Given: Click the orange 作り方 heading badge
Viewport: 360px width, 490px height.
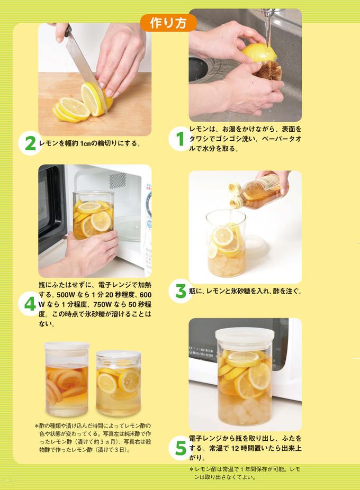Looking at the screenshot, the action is click(x=168, y=23).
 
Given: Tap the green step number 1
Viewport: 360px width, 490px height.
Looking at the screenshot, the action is click(x=180, y=139).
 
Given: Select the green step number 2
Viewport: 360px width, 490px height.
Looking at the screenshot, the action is click(x=30, y=144).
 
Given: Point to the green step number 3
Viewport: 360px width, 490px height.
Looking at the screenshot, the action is click(x=181, y=291).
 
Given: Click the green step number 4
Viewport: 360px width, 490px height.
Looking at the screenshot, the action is click(x=30, y=304).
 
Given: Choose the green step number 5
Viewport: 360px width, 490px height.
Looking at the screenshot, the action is click(x=181, y=448).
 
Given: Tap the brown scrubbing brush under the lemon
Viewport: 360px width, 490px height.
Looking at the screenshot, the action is click(x=268, y=70).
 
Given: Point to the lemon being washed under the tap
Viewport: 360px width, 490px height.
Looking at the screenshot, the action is click(x=259, y=52).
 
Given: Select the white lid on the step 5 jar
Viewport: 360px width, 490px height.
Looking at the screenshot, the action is click(x=245, y=334).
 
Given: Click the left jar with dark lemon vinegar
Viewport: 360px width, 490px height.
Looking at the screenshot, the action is click(x=67, y=379).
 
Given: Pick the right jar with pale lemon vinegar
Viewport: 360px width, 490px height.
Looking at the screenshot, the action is click(x=118, y=383).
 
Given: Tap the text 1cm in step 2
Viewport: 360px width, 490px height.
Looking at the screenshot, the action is click(x=85, y=143).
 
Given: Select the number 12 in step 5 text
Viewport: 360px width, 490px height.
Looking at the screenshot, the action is click(x=235, y=448).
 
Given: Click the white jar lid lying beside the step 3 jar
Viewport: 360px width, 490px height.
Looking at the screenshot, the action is click(x=256, y=247).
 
